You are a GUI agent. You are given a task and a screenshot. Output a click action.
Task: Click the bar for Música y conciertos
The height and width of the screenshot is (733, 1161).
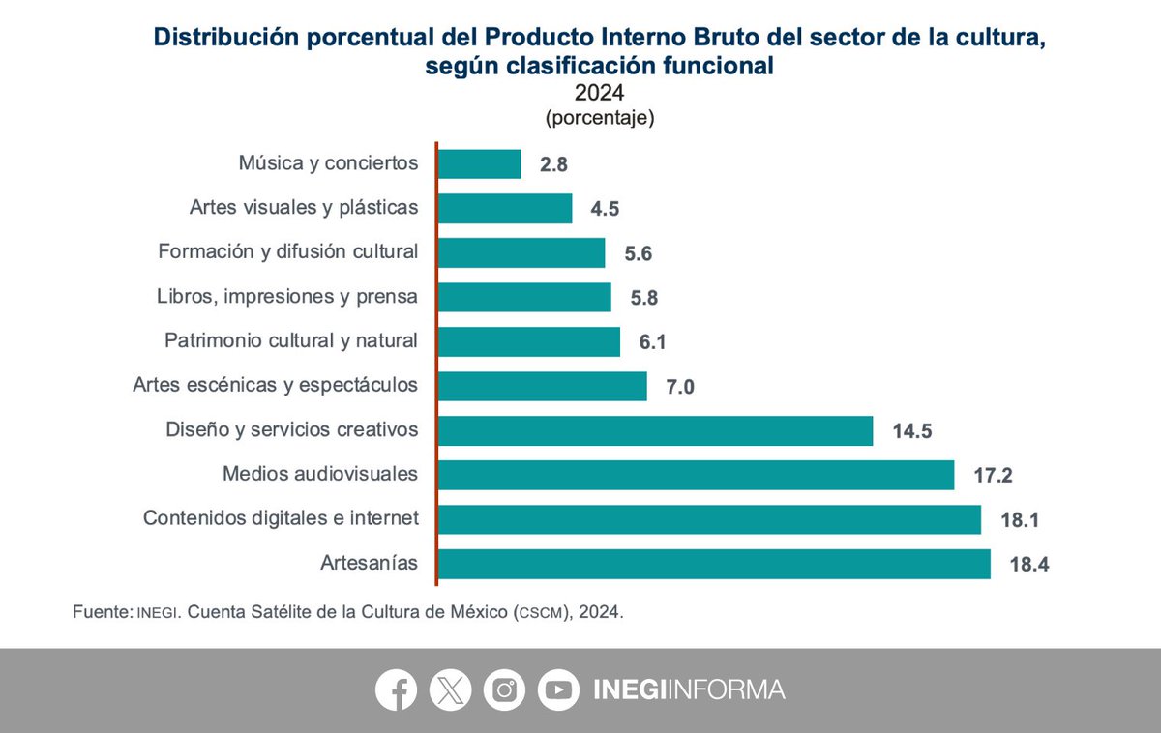[x=479, y=163]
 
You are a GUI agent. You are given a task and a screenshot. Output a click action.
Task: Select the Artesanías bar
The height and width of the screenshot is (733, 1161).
[x=714, y=564]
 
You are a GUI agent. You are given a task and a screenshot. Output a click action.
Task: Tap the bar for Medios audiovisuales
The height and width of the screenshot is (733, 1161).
[x=696, y=475]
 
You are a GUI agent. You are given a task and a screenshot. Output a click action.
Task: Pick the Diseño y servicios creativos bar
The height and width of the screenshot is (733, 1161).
[x=655, y=430]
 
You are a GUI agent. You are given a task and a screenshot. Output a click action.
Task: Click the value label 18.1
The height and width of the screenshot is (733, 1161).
[x=1021, y=520]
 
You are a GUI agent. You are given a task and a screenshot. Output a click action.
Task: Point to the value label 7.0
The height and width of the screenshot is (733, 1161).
[x=680, y=387]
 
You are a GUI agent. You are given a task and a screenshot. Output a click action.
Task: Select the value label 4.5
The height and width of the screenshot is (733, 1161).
[x=606, y=209]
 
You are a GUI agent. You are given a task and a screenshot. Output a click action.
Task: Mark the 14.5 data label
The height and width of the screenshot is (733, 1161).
[x=912, y=431]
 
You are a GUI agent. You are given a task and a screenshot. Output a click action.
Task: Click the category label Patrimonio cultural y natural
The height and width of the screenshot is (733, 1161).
[x=291, y=340]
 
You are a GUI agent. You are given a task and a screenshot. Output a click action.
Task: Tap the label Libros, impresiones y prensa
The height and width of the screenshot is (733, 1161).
[x=287, y=296]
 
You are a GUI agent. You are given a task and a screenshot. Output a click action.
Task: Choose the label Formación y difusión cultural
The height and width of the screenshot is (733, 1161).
[x=288, y=251]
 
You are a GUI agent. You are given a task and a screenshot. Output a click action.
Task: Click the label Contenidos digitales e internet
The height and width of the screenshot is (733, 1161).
[x=281, y=518]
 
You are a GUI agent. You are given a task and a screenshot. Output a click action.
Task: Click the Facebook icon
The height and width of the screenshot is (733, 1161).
[x=397, y=689]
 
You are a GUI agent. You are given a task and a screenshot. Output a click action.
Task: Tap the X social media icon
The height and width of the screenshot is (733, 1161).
[x=451, y=689]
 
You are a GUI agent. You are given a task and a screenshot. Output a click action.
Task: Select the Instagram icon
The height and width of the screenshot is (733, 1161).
[x=504, y=689]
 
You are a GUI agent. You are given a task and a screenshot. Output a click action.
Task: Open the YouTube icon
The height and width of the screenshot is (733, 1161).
[x=558, y=689]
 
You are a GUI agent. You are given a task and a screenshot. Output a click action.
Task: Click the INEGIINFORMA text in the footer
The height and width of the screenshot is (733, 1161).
[x=688, y=689]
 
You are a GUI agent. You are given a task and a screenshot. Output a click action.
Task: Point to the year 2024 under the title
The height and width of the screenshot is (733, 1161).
[x=599, y=94]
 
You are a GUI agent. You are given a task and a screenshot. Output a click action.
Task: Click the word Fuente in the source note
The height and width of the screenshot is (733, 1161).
[x=101, y=613]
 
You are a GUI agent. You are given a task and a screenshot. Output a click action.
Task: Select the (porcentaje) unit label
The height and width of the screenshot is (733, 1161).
[x=600, y=119]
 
